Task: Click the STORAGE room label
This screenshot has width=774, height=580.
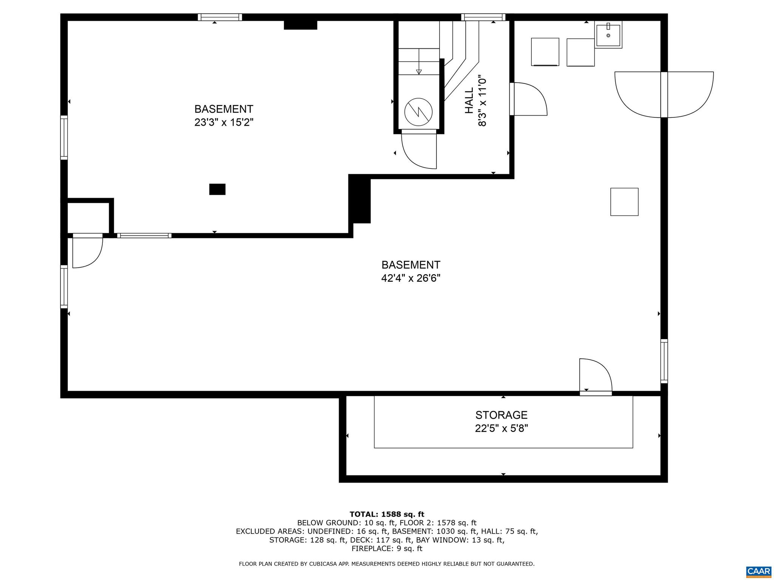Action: pyautogui.click(x=501, y=415)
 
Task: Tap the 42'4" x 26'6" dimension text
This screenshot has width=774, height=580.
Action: pyautogui.click(x=411, y=278)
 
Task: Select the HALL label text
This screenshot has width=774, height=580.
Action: pyautogui.click(x=469, y=101)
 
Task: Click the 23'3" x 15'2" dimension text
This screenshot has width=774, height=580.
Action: pyautogui.click(x=224, y=123)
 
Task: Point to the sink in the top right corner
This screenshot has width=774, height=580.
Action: pyautogui.click(x=608, y=35)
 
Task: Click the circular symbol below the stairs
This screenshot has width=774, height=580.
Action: pyautogui.click(x=418, y=112)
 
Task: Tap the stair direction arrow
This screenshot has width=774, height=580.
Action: pyautogui.click(x=419, y=71)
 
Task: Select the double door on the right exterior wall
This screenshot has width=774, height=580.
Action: pyautogui.click(x=664, y=94)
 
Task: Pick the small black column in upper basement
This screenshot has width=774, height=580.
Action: pyautogui.click(x=217, y=189)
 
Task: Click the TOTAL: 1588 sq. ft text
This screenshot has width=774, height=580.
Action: pyautogui.click(x=387, y=514)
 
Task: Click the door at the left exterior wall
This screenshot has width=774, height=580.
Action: pyautogui.click(x=87, y=251)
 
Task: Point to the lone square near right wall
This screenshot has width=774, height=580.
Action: pyautogui.click(x=624, y=202)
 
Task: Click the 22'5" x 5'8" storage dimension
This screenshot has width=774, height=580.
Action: pyautogui.click(x=501, y=429)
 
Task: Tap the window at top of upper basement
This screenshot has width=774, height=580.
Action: pyautogui.click(x=220, y=17)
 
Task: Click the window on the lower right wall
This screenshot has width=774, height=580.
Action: pyautogui.click(x=664, y=361)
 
